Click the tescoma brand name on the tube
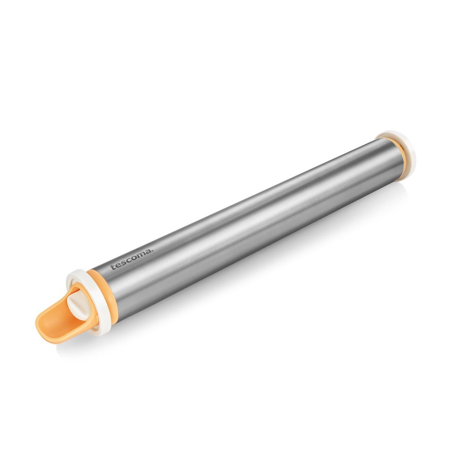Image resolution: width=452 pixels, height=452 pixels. pyautogui.click(x=132, y=259)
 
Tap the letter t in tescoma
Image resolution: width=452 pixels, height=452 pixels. pyautogui.click(x=113, y=267)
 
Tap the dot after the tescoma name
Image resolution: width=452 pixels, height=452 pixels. pyautogui.click(x=153, y=251)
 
